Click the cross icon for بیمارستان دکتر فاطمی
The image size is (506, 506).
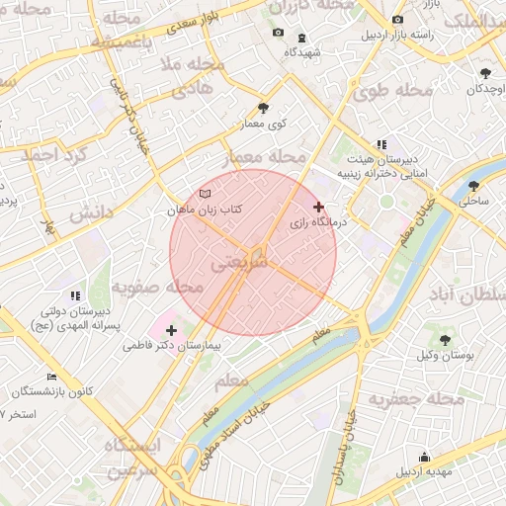point(172,330)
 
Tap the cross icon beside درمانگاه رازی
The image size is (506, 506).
point(318,207)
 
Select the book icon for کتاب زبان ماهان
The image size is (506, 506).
point(205,194)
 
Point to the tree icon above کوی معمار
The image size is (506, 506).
point(262,108)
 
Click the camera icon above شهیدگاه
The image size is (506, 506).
point(278,34)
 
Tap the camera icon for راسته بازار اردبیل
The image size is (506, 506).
point(397,20)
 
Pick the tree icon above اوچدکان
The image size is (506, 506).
point(484,73)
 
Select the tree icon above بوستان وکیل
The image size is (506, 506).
point(445,339)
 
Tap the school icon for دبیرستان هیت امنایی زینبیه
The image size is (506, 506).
point(380,144)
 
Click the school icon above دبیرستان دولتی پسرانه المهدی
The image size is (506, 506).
point(75,295)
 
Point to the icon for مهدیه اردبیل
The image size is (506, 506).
point(425,457)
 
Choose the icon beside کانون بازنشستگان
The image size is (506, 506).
point(51,377)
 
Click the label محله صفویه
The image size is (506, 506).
point(157,287)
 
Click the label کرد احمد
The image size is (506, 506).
point(54,155)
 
